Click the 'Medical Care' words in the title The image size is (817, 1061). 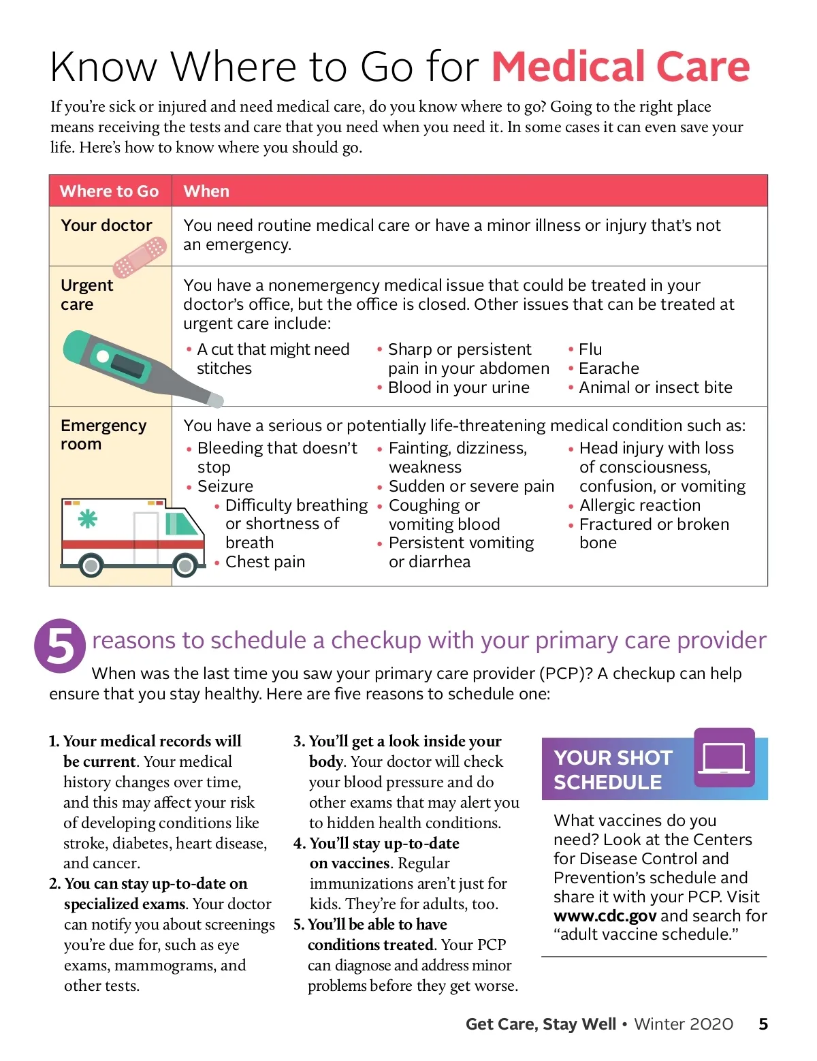tap(620, 67)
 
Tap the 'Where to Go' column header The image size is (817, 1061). tap(109, 191)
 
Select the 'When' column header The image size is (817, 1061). tap(206, 191)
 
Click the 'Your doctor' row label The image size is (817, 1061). tap(106, 225)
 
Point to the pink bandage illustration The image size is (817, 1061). tap(140, 257)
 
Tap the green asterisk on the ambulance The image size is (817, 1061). tap(87, 519)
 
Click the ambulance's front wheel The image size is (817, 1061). tap(185, 565)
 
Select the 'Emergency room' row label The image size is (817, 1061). tap(103, 434)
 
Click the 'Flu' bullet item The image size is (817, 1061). tap(590, 349)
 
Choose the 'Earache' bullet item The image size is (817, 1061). tap(609, 368)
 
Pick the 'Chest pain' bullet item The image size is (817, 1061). tap(265, 562)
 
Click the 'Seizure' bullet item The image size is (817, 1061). tap(225, 486)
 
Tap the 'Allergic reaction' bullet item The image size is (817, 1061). tap(639, 505)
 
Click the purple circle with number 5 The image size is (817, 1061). tap(60, 646)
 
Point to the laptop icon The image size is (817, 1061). tap(724, 757)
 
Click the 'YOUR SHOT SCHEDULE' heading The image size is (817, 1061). tap(613, 770)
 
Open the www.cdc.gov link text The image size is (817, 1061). tap(605, 916)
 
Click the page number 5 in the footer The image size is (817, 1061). tap(763, 1024)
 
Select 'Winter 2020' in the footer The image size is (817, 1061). tap(684, 1024)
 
